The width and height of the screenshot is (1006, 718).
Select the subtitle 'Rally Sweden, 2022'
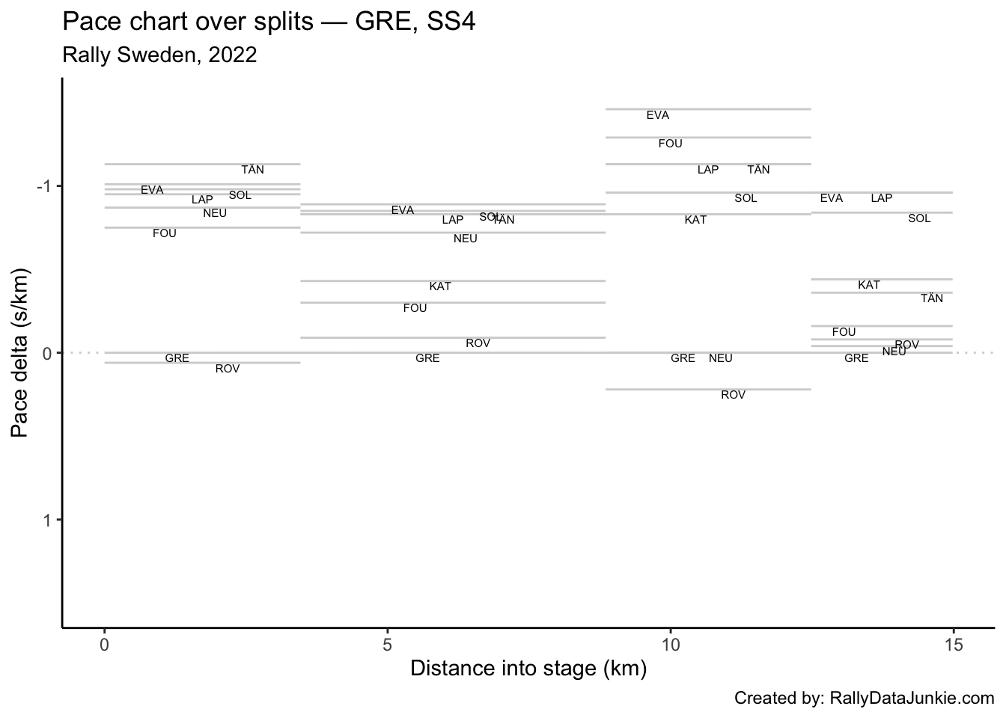pos(159,55)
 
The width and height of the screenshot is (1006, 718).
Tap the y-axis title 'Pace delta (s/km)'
pos(20,352)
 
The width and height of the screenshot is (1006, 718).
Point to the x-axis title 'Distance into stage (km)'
pos(528,668)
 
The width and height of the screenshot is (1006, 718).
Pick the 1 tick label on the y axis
pos(46,520)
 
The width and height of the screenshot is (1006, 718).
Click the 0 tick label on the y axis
pos(46,353)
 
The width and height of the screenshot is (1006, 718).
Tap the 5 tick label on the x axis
pos(387,645)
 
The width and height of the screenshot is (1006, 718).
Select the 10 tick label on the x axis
pos(670,645)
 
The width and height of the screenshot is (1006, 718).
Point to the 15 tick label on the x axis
pos(953,645)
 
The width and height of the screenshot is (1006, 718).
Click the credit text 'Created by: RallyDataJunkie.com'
pos(864,699)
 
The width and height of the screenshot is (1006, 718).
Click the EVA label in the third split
pos(658,116)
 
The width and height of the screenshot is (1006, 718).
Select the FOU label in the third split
pos(671,144)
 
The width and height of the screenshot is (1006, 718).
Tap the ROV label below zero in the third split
pos(734,396)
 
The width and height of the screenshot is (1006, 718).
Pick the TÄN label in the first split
pos(253,171)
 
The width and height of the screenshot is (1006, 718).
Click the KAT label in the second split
pos(440,287)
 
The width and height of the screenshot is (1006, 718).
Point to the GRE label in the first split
pos(177,359)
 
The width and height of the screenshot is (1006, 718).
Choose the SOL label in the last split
pos(919,219)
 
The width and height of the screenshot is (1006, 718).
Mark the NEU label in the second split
pos(466,239)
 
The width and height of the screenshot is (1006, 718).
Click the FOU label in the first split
pos(165,234)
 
